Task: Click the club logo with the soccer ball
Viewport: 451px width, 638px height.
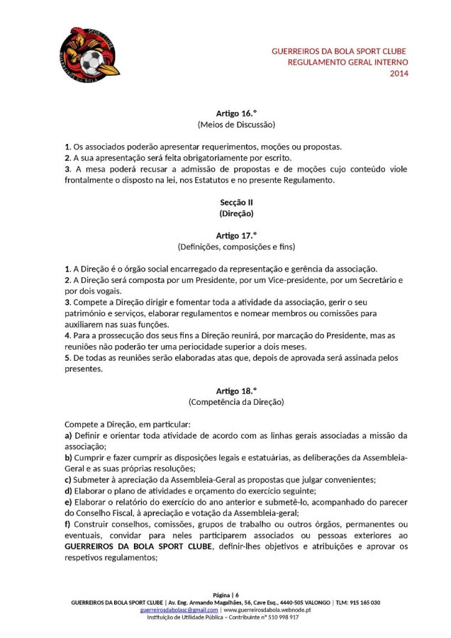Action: pos(89,52)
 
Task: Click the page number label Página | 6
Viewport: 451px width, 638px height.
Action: pos(225,594)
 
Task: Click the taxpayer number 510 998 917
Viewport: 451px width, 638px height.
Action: pos(282,617)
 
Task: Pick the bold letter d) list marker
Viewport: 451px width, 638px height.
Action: pos(68,491)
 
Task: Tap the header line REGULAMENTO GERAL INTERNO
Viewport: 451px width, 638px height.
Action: pos(347,63)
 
